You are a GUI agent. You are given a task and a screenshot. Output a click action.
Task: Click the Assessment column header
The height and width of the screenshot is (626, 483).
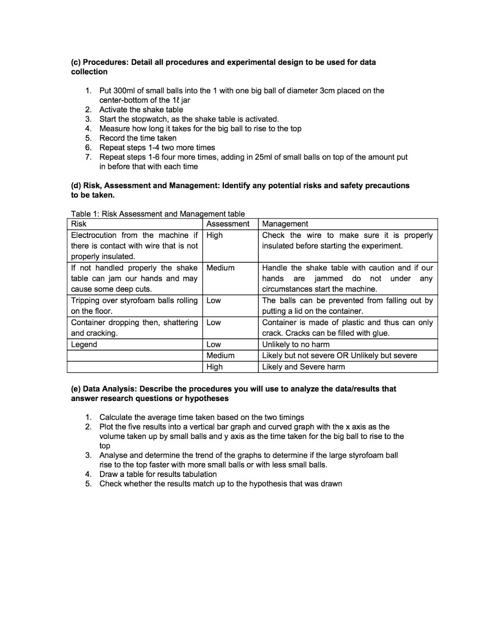point(227,224)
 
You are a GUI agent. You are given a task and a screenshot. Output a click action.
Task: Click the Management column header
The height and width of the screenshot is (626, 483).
point(285,224)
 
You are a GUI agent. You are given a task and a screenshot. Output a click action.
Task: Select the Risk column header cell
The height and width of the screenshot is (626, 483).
point(79,224)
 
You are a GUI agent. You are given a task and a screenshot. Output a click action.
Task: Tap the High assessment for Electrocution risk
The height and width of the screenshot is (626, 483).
point(215,235)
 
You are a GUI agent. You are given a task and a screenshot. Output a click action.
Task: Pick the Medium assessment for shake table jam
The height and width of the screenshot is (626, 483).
point(220,268)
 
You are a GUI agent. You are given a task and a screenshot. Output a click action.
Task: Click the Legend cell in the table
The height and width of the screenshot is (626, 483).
point(84,344)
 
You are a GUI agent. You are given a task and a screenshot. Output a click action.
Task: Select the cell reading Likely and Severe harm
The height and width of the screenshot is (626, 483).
point(303,367)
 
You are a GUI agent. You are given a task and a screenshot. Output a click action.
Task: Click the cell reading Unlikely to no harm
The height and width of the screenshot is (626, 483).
point(295,344)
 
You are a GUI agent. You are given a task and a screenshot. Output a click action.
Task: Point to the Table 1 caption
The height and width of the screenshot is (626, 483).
point(157,214)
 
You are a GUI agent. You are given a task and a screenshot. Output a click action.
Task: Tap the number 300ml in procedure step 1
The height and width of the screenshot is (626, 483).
point(124,91)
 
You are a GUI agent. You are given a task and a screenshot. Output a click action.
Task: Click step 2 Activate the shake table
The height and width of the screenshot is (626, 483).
point(141,110)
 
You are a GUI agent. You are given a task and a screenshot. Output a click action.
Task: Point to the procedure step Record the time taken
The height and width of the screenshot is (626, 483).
point(138,138)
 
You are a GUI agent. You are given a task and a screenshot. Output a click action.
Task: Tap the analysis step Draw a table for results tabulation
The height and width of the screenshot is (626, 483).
point(158,474)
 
